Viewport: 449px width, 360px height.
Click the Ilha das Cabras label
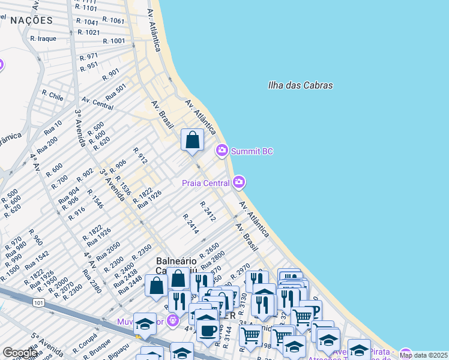pyautogui.click(x=300, y=85)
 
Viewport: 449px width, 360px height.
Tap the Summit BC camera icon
pyautogui.click(x=222, y=150)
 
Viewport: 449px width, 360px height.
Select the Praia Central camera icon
pyautogui.click(x=240, y=181)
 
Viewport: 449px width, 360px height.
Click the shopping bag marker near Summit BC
pyautogui.click(x=192, y=140)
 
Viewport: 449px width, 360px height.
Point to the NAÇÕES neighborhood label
pyautogui.click(x=31, y=20)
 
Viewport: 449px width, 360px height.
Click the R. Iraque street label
pyautogui.click(x=43, y=38)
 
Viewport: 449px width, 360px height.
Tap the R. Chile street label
pyautogui.click(x=53, y=95)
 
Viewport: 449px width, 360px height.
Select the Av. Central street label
pyautogui.click(x=97, y=103)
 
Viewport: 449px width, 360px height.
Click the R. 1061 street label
pyautogui.click(x=113, y=20)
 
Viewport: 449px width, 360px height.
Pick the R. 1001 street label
pyautogui.click(x=114, y=41)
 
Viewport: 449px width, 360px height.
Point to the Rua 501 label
pyautogui.click(x=116, y=92)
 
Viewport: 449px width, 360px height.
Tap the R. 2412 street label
pyautogui.click(x=208, y=211)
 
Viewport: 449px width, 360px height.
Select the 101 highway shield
pyautogui.click(x=39, y=304)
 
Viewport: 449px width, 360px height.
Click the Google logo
pyautogui.click(x=20, y=353)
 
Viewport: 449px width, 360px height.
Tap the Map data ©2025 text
pyautogui.click(x=423, y=355)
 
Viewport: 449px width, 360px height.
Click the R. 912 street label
pyautogui.click(x=140, y=156)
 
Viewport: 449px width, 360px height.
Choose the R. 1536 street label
pyautogui.click(x=122, y=185)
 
